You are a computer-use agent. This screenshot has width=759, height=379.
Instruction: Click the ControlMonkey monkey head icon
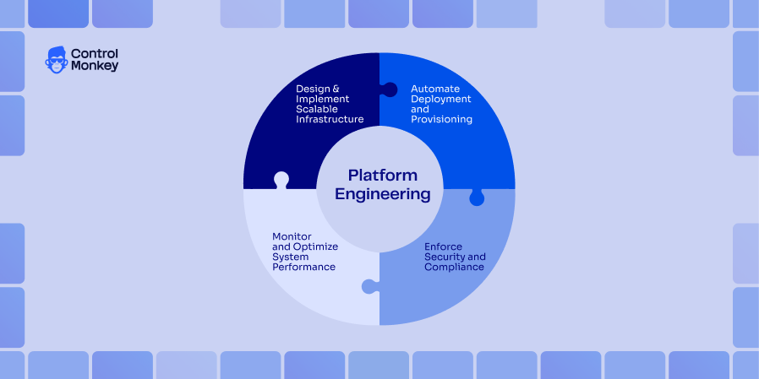pyautogui.click(x=56, y=60)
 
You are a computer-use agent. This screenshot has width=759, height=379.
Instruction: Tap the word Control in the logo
pyautogui.click(x=95, y=53)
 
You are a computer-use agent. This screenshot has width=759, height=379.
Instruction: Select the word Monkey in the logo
pyautogui.click(x=95, y=66)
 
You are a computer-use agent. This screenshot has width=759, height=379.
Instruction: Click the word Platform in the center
pyautogui.click(x=383, y=175)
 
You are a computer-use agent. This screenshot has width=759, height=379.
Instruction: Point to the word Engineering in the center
pyautogui.click(x=383, y=194)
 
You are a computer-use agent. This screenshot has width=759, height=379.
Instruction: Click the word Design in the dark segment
pyautogui.click(x=311, y=89)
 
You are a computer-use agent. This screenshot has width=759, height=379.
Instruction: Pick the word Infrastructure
pyautogui.click(x=330, y=120)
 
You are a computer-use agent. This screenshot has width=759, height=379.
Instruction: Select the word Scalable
pyautogui.click(x=315, y=110)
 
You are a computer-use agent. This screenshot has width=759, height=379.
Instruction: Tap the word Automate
pyautogui.click(x=434, y=89)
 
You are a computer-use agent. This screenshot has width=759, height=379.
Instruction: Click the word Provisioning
pyautogui.click(x=441, y=120)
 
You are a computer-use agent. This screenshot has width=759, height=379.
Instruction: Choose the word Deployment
pyautogui.click(x=440, y=99)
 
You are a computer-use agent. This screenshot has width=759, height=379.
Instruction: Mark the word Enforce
pyautogui.click(x=443, y=246)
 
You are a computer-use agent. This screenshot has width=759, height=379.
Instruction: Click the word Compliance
pyautogui.click(x=454, y=267)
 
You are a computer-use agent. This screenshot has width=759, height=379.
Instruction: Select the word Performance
pyautogui.click(x=303, y=267)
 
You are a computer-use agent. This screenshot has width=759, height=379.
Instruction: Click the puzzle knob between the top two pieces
pyautogui.click(x=390, y=89)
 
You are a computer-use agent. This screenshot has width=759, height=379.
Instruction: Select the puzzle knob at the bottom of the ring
pyautogui.click(x=369, y=287)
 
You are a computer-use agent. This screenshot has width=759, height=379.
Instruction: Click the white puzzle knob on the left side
pyautogui.click(x=281, y=179)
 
